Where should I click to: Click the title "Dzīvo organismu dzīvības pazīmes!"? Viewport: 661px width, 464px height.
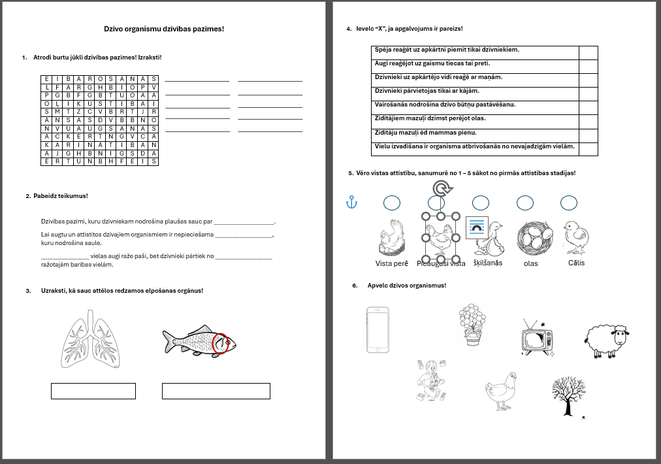point(164,29)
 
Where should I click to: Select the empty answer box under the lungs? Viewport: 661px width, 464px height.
point(93,391)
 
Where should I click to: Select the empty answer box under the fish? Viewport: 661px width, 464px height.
point(216,391)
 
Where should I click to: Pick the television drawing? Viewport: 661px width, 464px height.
point(536,339)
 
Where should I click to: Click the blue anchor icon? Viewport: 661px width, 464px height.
point(351,203)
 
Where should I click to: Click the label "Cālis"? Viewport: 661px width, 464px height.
point(576,263)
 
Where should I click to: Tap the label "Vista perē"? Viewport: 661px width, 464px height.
point(392,263)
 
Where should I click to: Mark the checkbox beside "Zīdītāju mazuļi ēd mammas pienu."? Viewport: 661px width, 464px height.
point(588,135)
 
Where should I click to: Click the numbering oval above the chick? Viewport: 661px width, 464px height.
point(569,203)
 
